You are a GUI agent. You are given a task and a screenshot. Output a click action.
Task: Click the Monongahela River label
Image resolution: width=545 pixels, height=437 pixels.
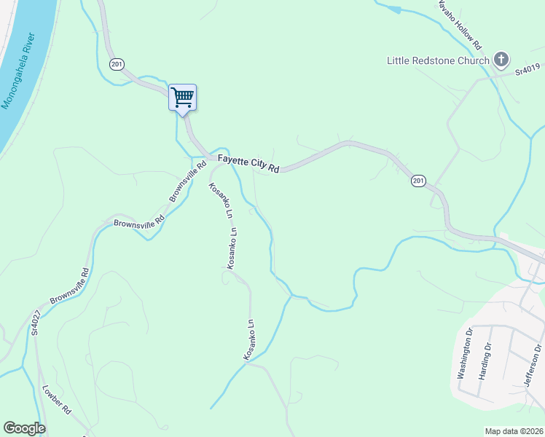pos(20,71)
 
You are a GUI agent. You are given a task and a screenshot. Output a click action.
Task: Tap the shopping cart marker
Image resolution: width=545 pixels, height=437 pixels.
pos(182,98)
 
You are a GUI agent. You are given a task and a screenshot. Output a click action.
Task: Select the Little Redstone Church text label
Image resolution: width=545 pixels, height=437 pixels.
pos(437,60)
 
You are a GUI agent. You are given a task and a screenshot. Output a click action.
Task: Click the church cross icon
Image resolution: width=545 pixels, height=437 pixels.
pos(501,60)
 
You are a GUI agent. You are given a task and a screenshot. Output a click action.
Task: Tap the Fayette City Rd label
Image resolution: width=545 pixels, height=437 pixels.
pos(248,164)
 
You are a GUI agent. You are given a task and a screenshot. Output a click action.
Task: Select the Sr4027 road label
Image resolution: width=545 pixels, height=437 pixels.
pos(35,321)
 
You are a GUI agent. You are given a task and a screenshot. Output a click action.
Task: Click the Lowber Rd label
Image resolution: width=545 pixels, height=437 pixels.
pos(56,400)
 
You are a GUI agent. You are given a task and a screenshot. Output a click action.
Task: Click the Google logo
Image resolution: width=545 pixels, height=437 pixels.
pos(24,428)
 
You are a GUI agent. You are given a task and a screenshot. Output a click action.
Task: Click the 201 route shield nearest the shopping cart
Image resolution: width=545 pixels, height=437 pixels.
pos(117,64)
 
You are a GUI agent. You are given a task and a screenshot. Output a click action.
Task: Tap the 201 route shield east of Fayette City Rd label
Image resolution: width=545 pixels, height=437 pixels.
pos(417,181)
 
